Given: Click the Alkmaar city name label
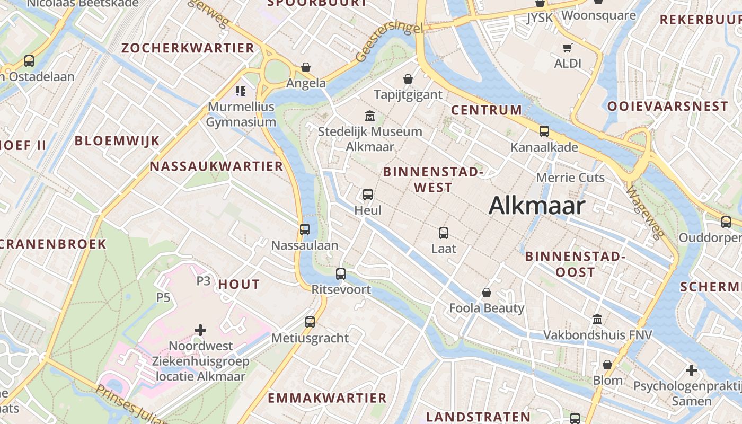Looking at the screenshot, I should (536, 206).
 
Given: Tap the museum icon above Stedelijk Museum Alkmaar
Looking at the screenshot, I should (369, 116).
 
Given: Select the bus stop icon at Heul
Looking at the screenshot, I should (368, 195).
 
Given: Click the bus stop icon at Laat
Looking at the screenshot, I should (444, 233).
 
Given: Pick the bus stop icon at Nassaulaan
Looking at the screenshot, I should (305, 229).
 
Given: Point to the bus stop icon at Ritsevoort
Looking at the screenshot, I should (341, 274).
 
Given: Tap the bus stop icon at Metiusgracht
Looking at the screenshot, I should (310, 322).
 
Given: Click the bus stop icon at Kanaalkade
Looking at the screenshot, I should (544, 131).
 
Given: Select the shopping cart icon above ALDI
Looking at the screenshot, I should (568, 48).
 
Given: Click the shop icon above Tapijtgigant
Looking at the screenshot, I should (408, 79).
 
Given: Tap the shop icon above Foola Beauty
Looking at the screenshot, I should (487, 292).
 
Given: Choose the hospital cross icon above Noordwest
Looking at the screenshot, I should (200, 330).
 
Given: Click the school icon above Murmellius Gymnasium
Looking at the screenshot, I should (241, 91).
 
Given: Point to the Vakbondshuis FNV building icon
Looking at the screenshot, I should (597, 319).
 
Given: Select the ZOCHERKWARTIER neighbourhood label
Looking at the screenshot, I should (188, 48).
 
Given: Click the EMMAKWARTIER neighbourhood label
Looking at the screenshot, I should (327, 398).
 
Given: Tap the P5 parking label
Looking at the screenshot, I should (163, 297).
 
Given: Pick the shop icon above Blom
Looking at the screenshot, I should (607, 365).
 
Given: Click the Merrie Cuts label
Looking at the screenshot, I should (570, 178).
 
